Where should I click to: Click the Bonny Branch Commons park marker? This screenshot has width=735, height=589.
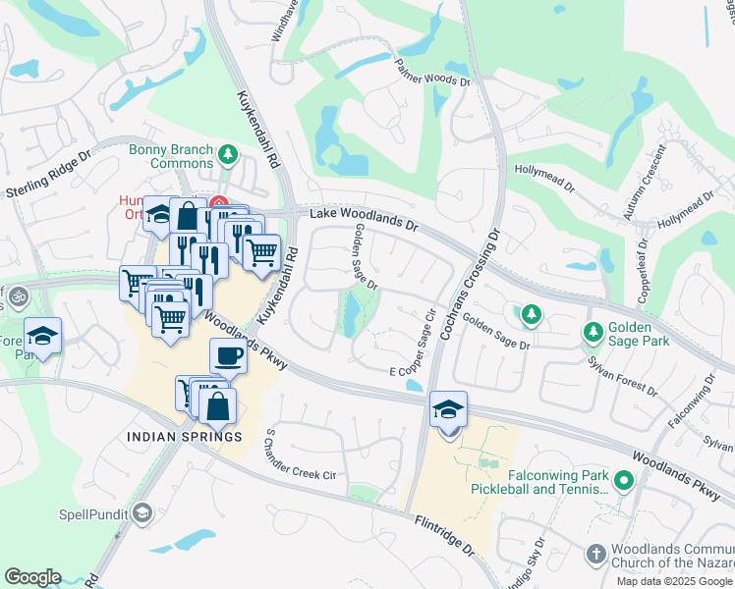(x=228, y=153)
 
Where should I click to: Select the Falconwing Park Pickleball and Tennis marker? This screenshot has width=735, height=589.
(x=623, y=480)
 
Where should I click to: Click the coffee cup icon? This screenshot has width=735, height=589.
(x=228, y=356)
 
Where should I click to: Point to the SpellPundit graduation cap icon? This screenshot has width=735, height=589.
(x=142, y=513)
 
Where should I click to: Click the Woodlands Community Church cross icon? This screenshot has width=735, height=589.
(x=594, y=556)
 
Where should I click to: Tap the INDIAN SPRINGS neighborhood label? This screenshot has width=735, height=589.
(x=184, y=436)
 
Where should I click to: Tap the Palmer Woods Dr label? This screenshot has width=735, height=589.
(x=432, y=74)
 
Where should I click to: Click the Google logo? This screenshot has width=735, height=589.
(x=32, y=577)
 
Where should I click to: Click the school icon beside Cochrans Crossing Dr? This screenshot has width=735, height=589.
(x=448, y=409)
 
